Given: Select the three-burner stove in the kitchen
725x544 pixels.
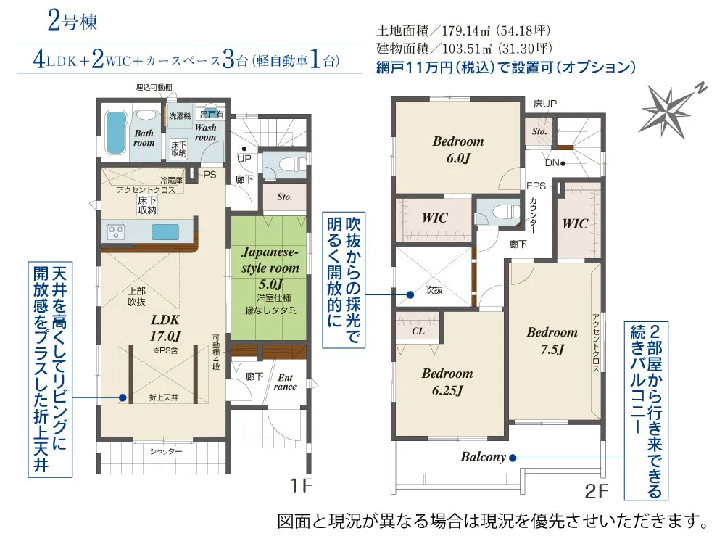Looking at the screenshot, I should click(x=117, y=232).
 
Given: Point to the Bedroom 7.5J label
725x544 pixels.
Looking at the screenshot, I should click(x=552, y=340).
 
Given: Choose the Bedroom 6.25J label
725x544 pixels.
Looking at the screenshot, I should click(x=447, y=382).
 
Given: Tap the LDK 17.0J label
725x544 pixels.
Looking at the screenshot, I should click(x=165, y=326).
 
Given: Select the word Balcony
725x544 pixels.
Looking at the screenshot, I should click(x=483, y=457).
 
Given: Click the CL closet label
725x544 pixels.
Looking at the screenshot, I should click(x=418, y=331).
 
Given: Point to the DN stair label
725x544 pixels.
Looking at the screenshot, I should click(x=552, y=163).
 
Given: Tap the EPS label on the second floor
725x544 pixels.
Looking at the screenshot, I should click(x=536, y=186).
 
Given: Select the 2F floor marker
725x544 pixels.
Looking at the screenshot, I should click(x=595, y=491).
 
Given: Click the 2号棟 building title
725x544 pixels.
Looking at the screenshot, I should click(x=72, y=22).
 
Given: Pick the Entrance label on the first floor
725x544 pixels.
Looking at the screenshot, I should click(x=286, y=382).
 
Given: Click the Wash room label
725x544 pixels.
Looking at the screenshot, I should click(x=205, y=132).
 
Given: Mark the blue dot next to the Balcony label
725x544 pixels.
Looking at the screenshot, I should click(x=512, y=458).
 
